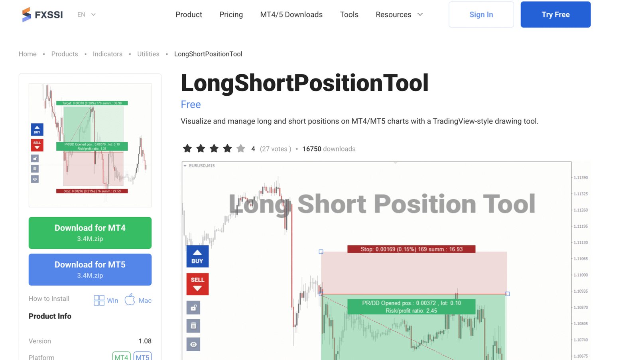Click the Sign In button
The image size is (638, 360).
click(481, 15)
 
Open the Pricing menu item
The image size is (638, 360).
click(231, 15)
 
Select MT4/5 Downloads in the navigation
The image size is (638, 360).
click(291, 15)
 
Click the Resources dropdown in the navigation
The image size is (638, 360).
click(399, 15)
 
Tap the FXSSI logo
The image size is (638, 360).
click(42, 15)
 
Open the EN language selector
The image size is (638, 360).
click(86, 15)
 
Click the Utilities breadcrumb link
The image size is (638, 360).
click(148, 54)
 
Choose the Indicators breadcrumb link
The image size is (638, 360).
click(107, 54)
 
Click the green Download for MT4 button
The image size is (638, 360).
click(90, 233)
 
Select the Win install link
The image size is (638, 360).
click(106, 300)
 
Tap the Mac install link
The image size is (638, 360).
click(138, 300)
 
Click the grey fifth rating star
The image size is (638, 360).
click(240, 149)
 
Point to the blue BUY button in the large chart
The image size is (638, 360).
click(197, 256)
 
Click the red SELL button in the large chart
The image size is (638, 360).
click(197, 284)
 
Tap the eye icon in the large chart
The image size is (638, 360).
click(193, 344)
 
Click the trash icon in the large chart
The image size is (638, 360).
click(193, 326)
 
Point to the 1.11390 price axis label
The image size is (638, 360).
click(581, 178)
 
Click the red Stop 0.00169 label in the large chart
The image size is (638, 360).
click(411, 249)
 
